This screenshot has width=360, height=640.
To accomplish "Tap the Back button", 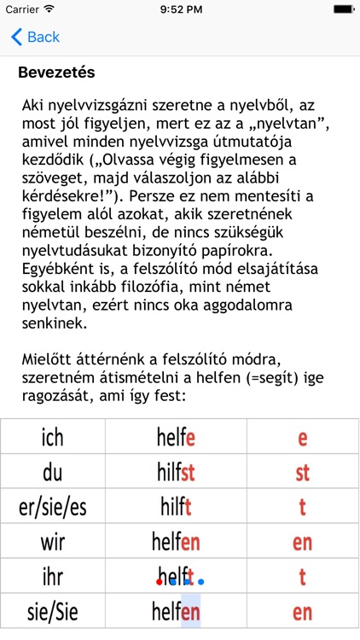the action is [x=35, y=37].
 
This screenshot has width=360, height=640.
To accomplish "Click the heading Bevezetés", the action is [x=56, y=73].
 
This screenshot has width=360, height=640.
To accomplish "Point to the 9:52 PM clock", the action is [x=179, y=9].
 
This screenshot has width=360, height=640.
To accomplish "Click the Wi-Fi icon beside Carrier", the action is [x=49, y=9].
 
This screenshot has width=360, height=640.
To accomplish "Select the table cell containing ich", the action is [x=52, y=439].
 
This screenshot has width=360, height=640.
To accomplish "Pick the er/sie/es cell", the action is [x=52, y=506].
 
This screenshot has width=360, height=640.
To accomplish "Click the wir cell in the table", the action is [x=52, y=541].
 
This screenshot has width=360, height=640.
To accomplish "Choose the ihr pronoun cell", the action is [x=52, y=576].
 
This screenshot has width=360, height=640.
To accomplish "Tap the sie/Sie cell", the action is [x=52, y=611].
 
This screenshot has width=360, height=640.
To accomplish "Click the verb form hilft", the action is [x=177, y=506].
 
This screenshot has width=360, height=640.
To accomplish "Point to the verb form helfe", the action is [x=177, y=439].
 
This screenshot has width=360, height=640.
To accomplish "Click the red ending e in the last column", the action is [x=302, y=439].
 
